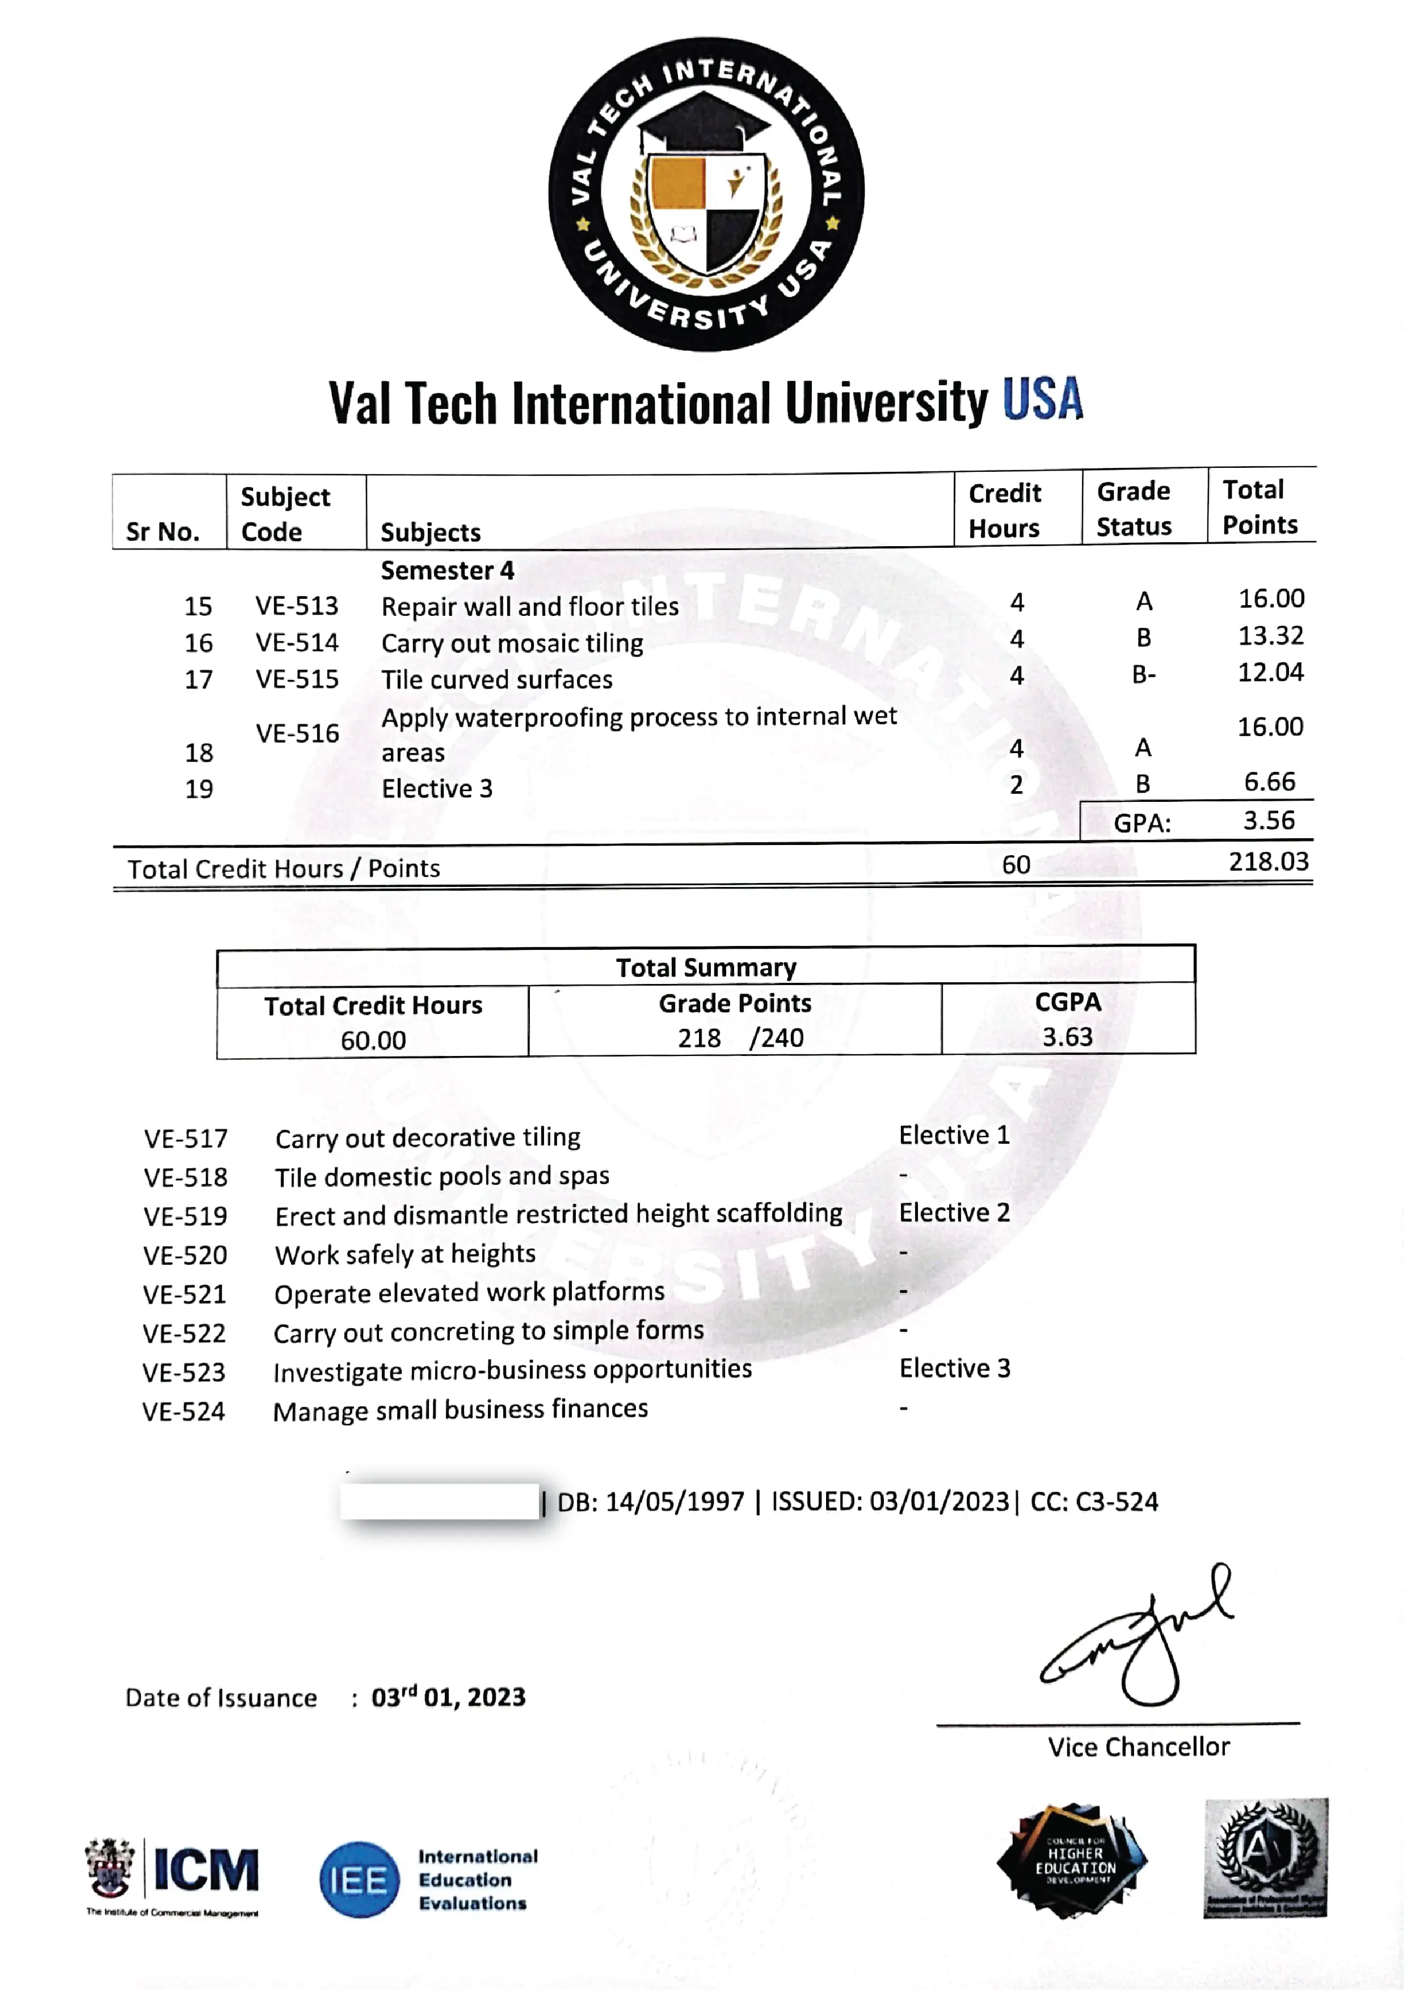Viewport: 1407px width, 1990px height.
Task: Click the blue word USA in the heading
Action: click(1042, 400)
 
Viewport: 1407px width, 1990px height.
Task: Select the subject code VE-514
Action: click(297, 643)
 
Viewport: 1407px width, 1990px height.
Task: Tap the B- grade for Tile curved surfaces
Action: click(1143, 674)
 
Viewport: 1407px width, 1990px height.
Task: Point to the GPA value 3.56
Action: click(1269, 821)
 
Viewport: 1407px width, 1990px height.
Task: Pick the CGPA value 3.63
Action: click(1067, 1037)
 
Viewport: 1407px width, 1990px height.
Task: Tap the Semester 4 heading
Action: click(447, 571)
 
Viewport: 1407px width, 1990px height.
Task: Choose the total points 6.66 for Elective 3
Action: click(1269, 782)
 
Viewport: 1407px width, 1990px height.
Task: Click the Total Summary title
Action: click(706, 967)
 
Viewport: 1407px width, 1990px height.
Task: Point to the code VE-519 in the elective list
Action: click(186, 1216)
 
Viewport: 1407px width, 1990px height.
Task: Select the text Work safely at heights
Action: click(405, 1254)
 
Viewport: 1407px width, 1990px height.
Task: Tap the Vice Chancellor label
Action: click(1138, 1747)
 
